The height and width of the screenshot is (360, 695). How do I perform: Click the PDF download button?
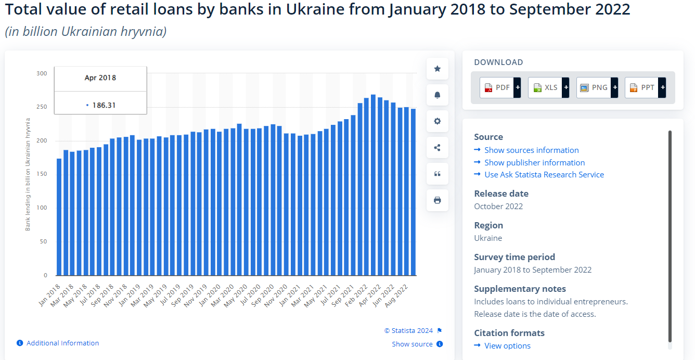[x=500, y=87]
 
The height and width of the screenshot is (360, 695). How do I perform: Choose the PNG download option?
[x=597, y=87]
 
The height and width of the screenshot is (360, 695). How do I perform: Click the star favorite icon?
[x=437, y=69]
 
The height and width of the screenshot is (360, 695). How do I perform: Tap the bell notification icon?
[x=437, y=95]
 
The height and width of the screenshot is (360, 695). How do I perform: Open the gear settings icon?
[x=437, y=121]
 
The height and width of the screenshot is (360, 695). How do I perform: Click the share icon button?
[x=437, y=148]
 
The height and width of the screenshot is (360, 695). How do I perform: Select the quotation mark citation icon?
[x=437, y=174]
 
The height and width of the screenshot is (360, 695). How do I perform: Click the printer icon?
[x=437, y=200]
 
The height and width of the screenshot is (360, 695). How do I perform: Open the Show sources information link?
[x=531, y=150]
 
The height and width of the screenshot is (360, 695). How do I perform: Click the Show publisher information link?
[x=534, y=163]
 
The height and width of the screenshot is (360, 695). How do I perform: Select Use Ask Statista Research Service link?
[x=544, y=175]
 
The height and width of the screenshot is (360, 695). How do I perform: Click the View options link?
[x=507, y=346]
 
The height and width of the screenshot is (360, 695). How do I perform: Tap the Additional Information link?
[x=62, y=343]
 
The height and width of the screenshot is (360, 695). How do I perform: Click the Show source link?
[x=413, y=344]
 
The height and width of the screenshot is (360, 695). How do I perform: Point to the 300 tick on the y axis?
[x=42, y=73]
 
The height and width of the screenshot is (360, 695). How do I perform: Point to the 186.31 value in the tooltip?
[x=104, y=105]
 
